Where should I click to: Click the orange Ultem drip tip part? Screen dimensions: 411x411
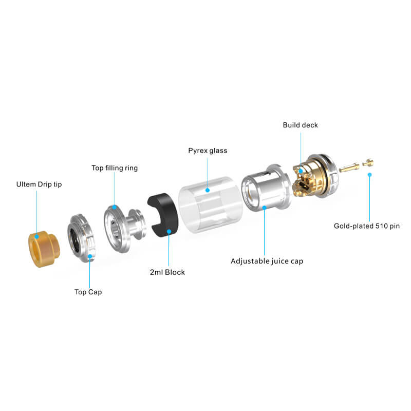pyautogui.click(x=44, y=249)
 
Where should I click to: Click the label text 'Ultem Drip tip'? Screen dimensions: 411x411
pyautogui.click(x=39, y=184)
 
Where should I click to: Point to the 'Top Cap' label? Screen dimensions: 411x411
pyautogui.click(x=88, y=292)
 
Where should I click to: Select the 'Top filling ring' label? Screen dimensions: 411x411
pyautogui.click(x=115, y=168)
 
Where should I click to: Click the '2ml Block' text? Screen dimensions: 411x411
pyautogui.click(x=167, y=272)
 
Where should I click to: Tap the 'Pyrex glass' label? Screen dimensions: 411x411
pyautogui.click(x=208, y=151)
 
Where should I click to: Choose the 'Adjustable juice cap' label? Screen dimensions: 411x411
pyautogui.click(x=267, y=261)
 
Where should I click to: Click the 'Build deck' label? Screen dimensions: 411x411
pyautogui.click(x=301, y=125)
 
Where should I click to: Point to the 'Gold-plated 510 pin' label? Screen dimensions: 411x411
pyautogui.click(x=367, y=226)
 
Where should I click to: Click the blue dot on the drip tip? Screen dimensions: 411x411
pyautogui.click(x=36, y=237)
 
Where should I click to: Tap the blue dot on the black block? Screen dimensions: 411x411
pyautogui.click(x=169, y=232)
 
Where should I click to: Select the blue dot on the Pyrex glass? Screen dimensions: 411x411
pyautogui.click(x=208, y=190)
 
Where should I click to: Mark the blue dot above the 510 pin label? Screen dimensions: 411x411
pyautogui.click(x=369, y=175)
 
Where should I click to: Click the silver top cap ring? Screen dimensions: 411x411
pyautogui.click(x=82, y=238)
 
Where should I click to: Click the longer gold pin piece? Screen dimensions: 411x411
pyautogui.click(x=349, y=167)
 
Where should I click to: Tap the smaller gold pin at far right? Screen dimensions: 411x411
pyautogui.click(x=368, y=163)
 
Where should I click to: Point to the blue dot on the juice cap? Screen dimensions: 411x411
pyautogui.click(x=265, y=208)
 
